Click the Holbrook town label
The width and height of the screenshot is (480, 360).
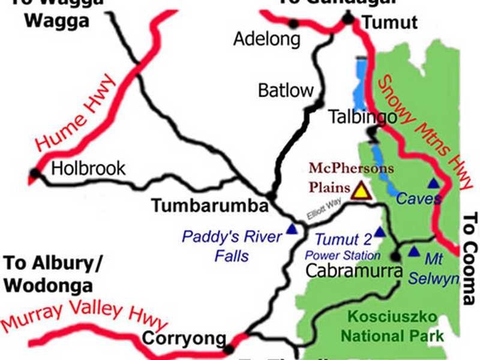[x=89, y=168]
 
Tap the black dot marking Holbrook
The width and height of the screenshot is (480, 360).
[x=36, y=173]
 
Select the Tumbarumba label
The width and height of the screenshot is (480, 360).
[x=209, y=206]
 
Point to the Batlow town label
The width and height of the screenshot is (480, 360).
[x=286, y=91]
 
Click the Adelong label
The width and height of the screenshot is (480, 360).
[x=266, y=40]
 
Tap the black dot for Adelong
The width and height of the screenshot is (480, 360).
[x=293, y=24]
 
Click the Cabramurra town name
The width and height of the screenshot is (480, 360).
[x=353, y=271]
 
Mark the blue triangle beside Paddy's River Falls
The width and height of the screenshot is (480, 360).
[x=292, y=229]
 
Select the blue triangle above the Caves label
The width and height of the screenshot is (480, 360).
[x=434, y=182]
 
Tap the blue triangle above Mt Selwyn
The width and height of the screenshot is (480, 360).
[x=414, y=251]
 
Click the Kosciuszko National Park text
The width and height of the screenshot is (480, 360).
[x=398, y=324]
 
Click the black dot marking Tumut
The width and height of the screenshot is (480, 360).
[x=347, y=19]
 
